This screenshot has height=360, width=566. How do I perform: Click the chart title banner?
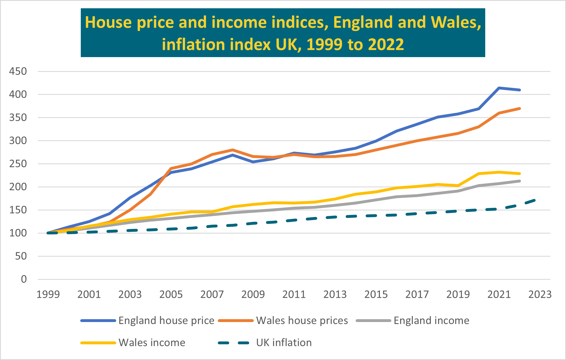(283, 33)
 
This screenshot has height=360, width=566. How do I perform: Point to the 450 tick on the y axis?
(18, 71)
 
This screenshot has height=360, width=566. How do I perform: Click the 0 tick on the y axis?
(24, 279)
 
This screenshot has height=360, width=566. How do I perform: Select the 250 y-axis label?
(18, 164)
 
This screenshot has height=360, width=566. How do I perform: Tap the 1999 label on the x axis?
(48, 294)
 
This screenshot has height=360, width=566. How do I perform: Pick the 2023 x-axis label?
(540, 294)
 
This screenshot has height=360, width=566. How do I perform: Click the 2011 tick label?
(294, 294)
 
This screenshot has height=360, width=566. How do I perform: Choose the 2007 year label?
(212, 294)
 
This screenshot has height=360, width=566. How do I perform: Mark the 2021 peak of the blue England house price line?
(499, 88)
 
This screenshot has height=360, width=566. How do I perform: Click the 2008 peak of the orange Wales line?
(233, 150)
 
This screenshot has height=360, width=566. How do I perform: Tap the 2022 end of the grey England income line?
(519, 181)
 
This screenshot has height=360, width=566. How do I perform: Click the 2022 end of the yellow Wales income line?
(519, 174)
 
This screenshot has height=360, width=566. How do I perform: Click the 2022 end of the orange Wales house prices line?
(519, 108)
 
